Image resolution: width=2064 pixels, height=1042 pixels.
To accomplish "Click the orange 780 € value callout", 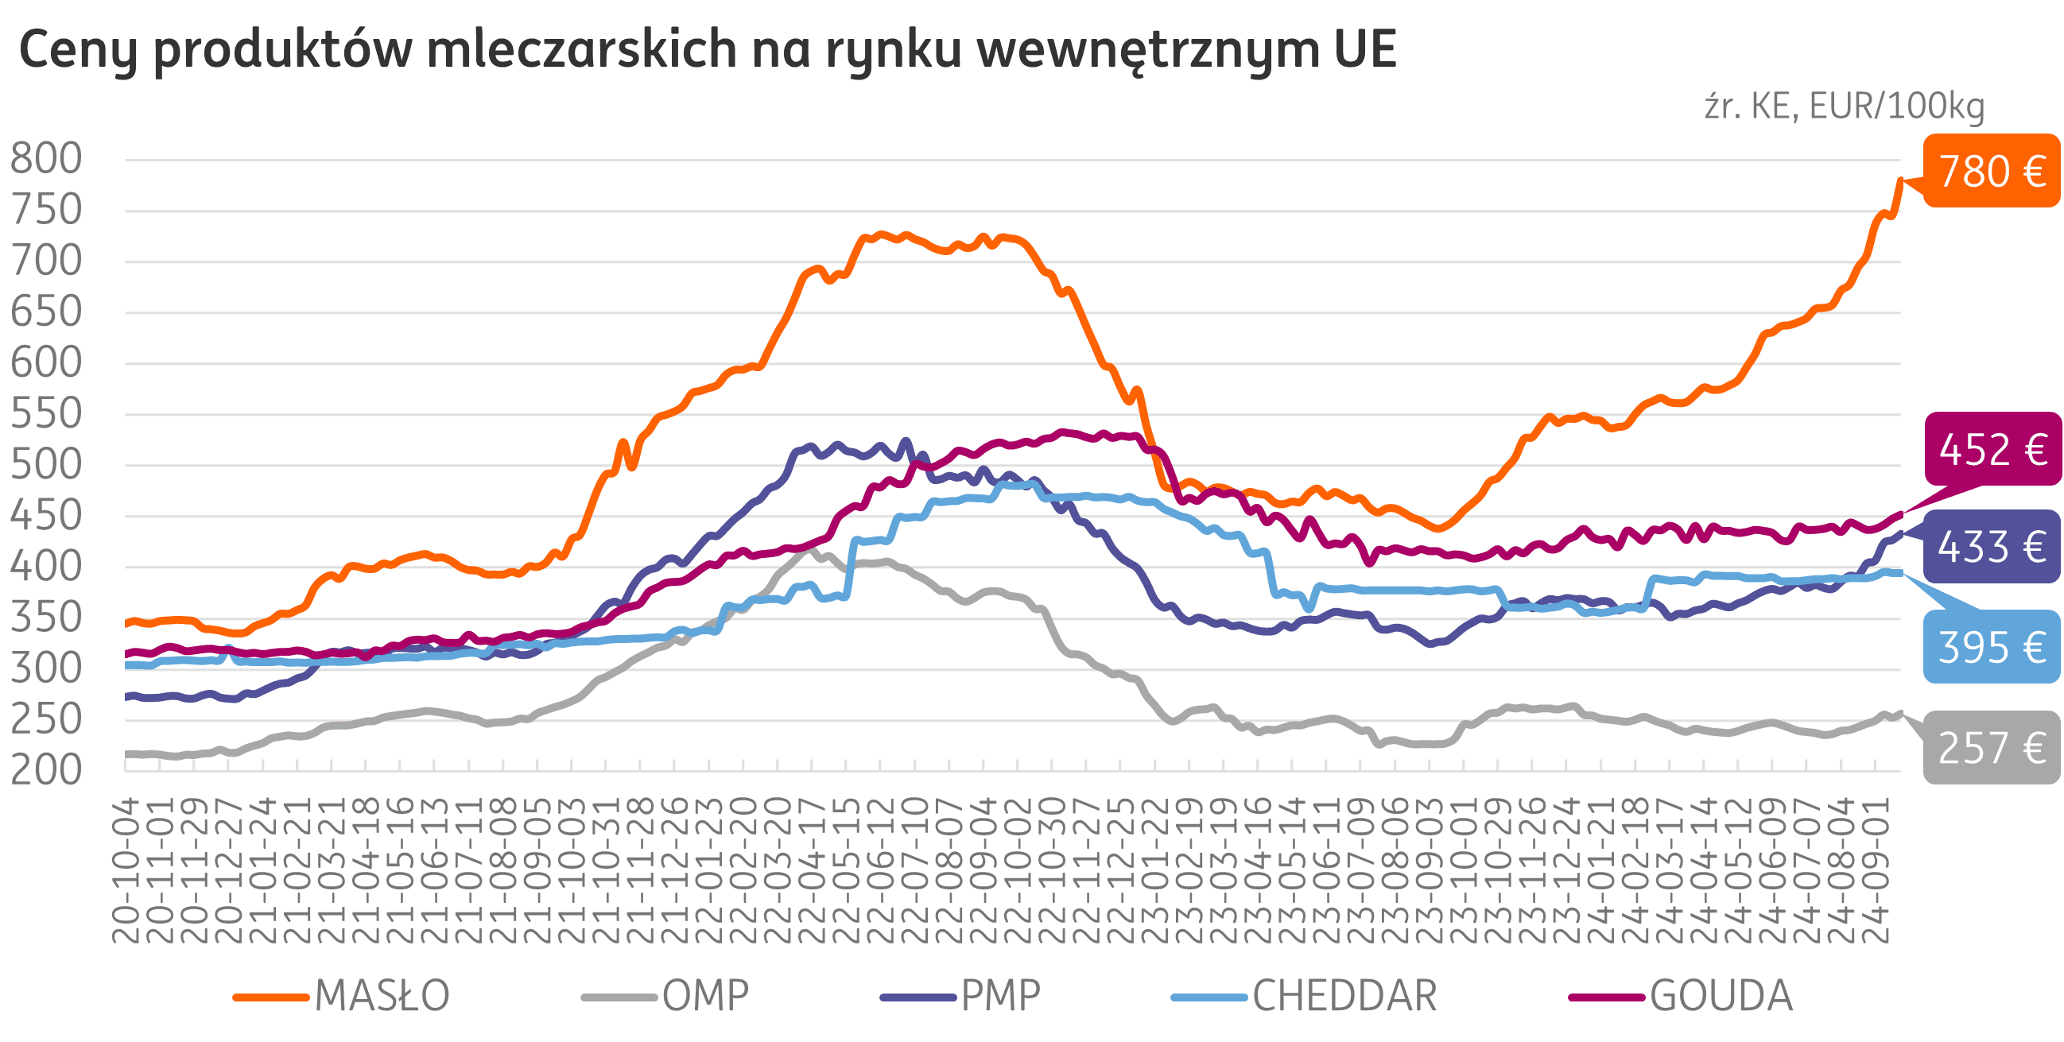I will [x=1990, y=171].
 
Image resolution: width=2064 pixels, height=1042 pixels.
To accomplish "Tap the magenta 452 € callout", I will [x=1992, y=448].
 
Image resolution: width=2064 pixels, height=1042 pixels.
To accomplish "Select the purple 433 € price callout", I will [x=1991, y=546].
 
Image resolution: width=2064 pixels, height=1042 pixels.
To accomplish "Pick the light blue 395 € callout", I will [x=1991, y=647].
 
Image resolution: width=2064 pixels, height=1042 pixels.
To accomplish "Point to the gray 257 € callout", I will [x=1991, y=747].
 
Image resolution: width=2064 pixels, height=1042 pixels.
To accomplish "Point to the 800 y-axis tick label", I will [x=46, y=158].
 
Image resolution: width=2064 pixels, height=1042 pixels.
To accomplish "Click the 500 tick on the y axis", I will [x=46, y=464].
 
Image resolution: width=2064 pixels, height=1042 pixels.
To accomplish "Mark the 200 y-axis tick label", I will [x=46, y=769].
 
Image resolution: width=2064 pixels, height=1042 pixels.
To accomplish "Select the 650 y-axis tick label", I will [x=46, y=312].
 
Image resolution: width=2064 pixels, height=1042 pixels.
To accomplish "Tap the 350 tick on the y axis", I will [x=46, y=618].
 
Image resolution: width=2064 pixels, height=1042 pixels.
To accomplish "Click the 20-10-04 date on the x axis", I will [x=126, y=870].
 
